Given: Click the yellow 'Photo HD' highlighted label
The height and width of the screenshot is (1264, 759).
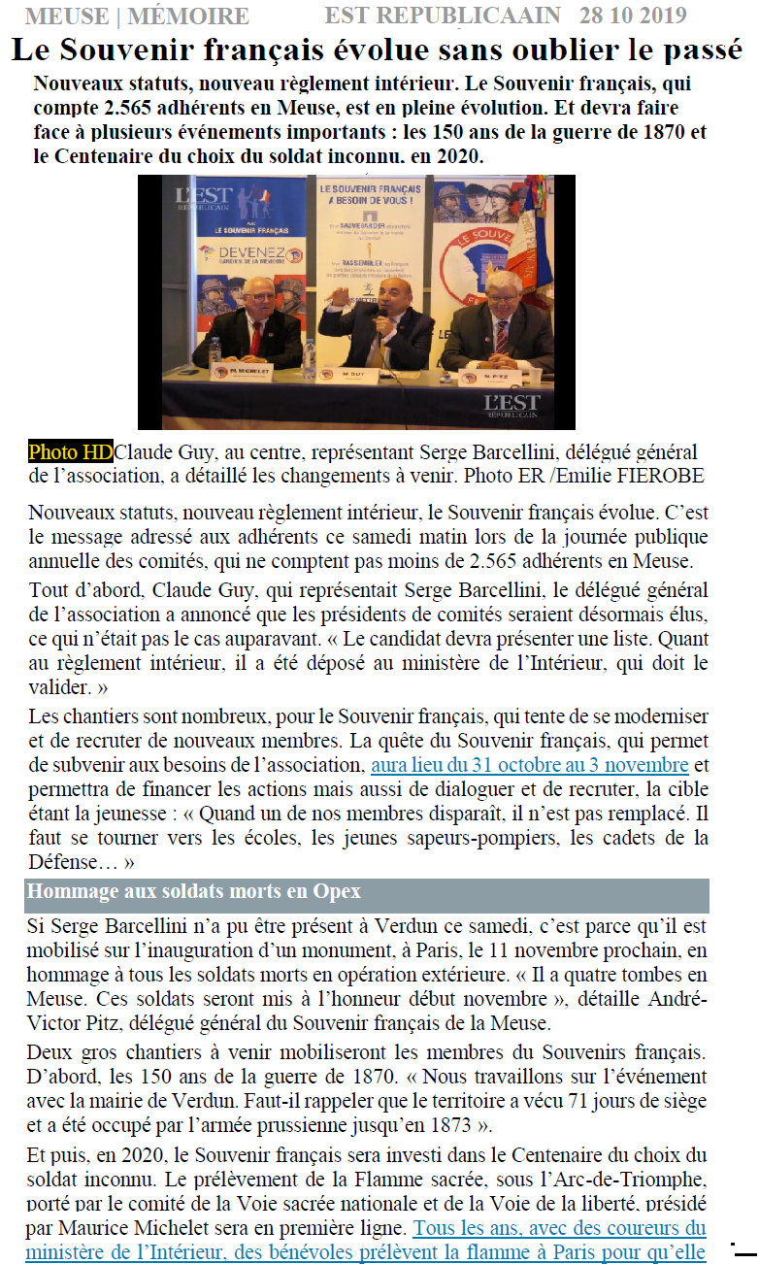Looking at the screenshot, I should point(70,451).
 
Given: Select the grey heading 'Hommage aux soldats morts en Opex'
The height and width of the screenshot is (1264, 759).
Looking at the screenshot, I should point(194,891).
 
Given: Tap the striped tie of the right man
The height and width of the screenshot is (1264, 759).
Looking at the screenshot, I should point(502,337).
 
